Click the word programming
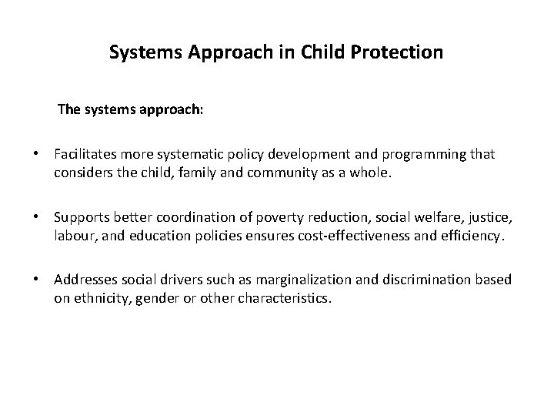click(426, 155)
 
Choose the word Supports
click(81, 218)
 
